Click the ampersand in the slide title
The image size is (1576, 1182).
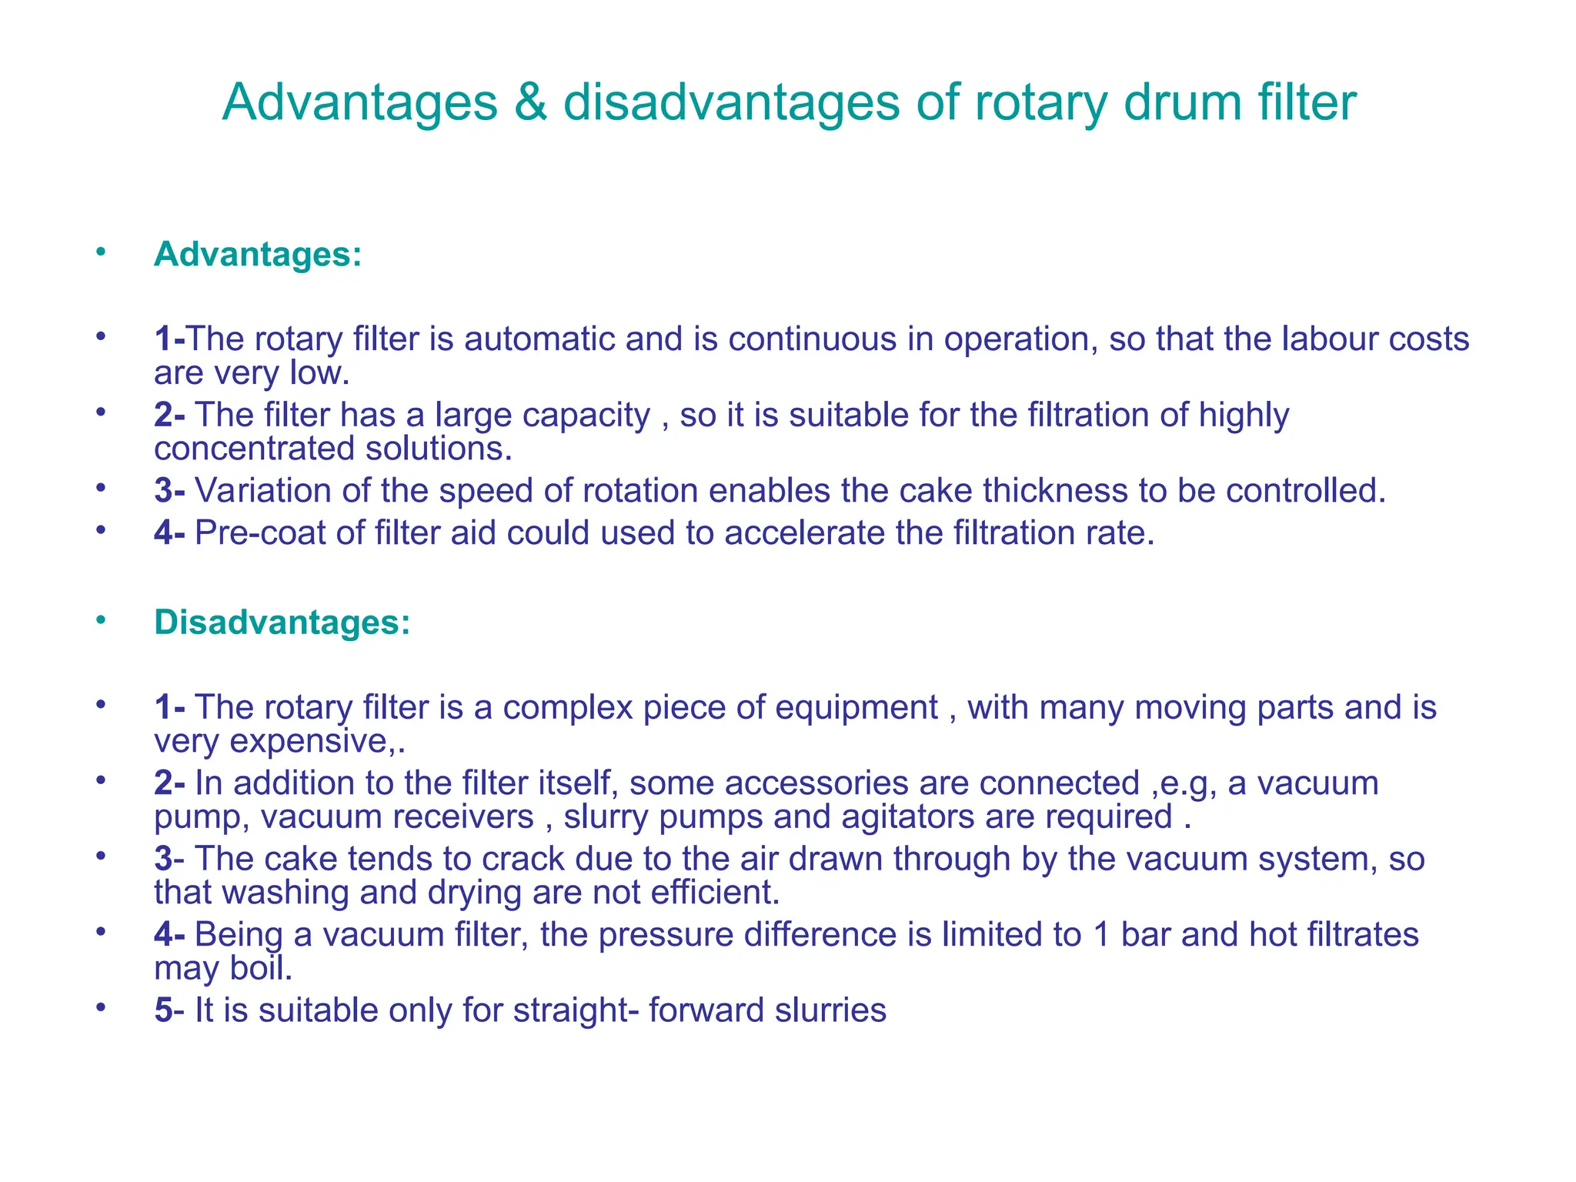[x=529, y=102]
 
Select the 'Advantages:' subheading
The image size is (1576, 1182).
[x=258, y=254]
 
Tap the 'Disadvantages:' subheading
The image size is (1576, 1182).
[x=282, y=622]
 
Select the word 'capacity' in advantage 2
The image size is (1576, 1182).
[x=586, y=416]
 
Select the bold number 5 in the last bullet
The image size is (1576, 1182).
[x=163, y=1010]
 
